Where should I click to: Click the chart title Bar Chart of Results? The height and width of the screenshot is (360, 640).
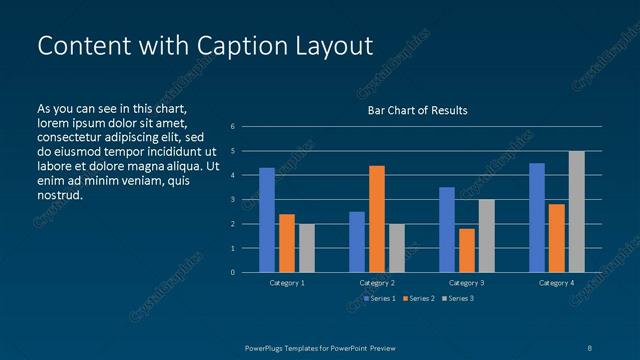click(417, 110)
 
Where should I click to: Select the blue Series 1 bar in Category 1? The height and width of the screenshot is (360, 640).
click(267, 220)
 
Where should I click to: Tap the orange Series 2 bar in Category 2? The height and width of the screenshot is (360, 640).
click(377, 219)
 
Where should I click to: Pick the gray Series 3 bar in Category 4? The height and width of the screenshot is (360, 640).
click(576, 212)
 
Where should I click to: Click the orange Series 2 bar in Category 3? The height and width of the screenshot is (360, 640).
click(467, 250)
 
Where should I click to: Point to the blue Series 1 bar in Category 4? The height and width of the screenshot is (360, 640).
click(537, 218)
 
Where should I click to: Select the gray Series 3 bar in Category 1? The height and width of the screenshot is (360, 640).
click(307, 248)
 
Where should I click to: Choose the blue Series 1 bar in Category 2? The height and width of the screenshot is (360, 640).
click(357, 242)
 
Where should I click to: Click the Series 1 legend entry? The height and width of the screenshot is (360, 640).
click(380, 298)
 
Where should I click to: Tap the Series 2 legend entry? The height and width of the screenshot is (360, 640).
click(418, 298)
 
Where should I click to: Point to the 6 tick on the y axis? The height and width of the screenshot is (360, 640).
click(232, 127)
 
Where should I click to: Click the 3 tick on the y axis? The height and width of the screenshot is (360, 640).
click(232, 200)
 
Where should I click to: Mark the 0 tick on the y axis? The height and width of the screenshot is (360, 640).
click(232, 272)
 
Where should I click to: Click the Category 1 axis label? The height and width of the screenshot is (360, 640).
click(287, 283)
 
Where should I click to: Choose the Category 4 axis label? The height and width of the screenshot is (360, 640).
click(556, 283)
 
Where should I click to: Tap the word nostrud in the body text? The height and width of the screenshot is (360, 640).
click(59, 195)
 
